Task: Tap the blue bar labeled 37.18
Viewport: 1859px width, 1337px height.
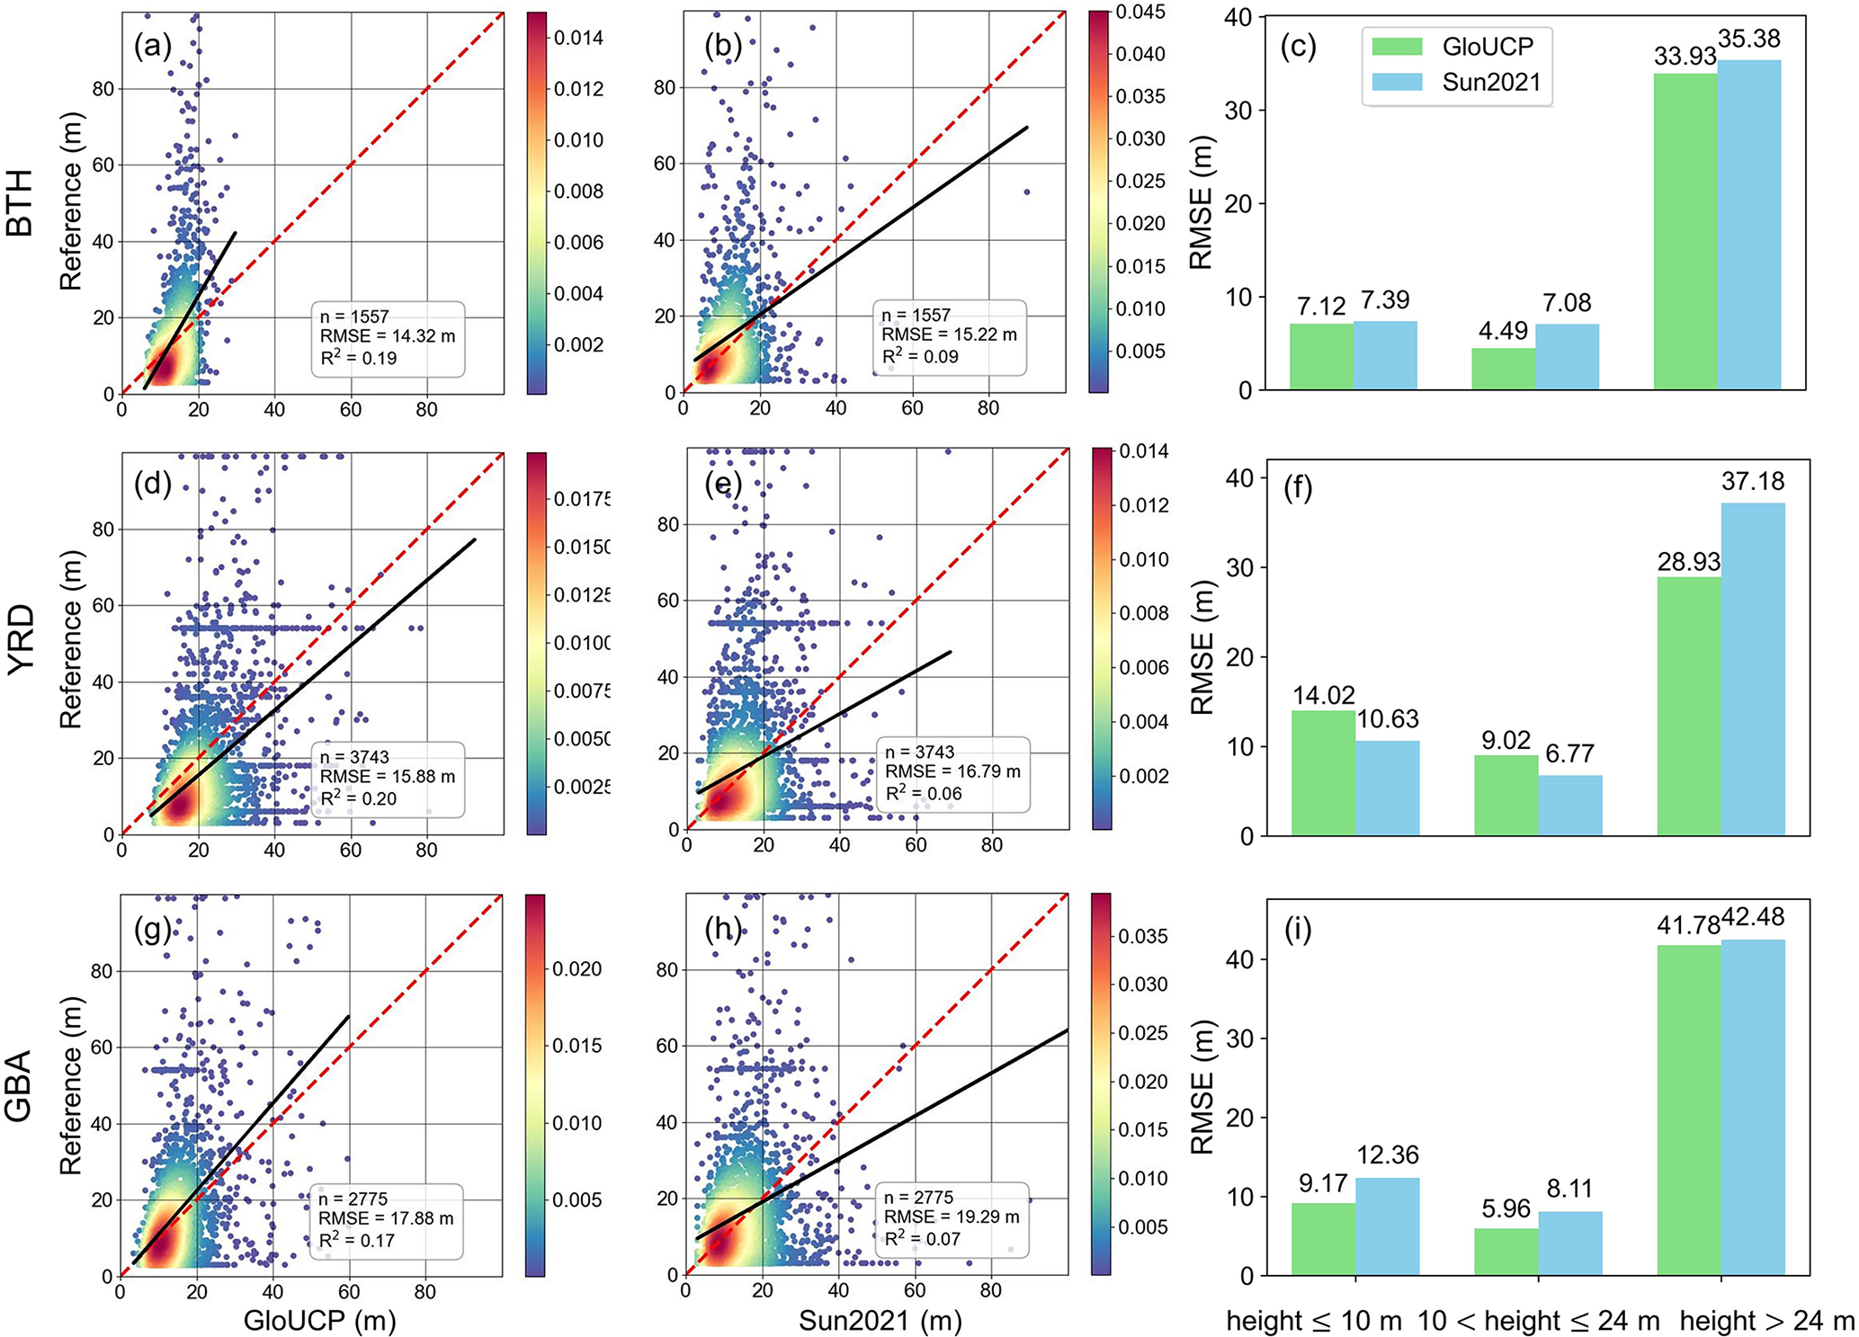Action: [1752, 669]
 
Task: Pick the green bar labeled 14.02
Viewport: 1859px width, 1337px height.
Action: [1323, 772]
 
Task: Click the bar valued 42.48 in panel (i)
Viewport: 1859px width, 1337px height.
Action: [1752, 1107]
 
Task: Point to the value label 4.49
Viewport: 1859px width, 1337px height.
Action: [1503, 331]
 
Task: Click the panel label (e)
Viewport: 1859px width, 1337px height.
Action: [724, 486]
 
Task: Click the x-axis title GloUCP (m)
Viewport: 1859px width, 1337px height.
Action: [319, 1320]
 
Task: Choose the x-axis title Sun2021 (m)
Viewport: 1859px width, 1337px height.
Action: [880, 1320]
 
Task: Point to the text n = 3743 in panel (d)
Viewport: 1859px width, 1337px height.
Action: [355, 756]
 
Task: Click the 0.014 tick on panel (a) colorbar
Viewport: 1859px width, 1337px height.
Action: [578, 38]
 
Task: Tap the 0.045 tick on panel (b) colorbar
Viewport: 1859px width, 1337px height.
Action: [1140, 13]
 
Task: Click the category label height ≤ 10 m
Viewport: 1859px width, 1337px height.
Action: [1314, 1320]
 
